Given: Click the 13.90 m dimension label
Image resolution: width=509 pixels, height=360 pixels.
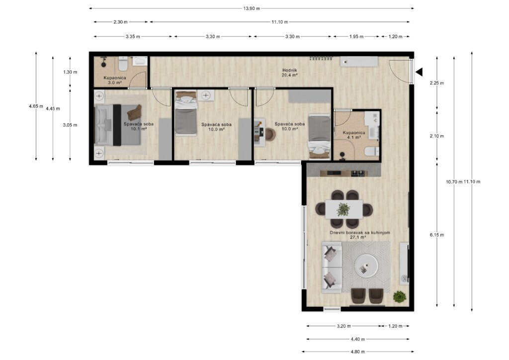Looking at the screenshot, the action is tap(252, 8).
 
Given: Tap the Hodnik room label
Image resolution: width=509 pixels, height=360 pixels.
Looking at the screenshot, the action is tap(290, 70).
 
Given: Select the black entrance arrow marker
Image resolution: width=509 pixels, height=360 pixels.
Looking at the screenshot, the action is tap(419, 72).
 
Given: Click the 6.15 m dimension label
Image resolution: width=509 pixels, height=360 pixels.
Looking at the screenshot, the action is tap(437, 235).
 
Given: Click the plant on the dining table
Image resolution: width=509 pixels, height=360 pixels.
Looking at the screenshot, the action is tap(343, 210).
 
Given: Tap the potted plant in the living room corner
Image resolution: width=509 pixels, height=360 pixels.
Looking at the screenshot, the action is tap(400, 297).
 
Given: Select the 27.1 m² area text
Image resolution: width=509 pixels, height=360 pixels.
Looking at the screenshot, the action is tap(358, 237).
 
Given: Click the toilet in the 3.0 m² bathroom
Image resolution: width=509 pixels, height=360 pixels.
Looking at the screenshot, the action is tap(123, 64).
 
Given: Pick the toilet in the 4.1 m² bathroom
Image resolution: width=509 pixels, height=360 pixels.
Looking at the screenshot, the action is tap(372, 152).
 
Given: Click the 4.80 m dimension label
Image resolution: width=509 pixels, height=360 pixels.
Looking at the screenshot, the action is tap(358, 352).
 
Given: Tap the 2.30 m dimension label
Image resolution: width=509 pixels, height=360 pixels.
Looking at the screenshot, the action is tap(120, 22).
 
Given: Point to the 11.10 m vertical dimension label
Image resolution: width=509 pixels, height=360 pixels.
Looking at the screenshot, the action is tap(472, 182).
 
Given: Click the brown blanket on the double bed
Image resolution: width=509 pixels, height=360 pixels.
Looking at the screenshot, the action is tap(134, 113).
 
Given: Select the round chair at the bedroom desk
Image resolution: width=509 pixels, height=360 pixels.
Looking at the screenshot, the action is tap(270, 134).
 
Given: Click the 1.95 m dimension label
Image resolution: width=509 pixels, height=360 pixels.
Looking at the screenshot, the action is tap(356, 37).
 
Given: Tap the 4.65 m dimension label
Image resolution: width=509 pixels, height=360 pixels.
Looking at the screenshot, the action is tap(36, 106).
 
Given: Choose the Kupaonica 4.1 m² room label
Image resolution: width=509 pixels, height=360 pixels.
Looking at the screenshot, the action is tap(354, 135).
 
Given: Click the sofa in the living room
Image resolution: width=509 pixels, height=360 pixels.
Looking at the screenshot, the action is tap(332, 267).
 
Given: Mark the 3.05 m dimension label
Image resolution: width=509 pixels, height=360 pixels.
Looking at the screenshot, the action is tap(70, 125).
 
